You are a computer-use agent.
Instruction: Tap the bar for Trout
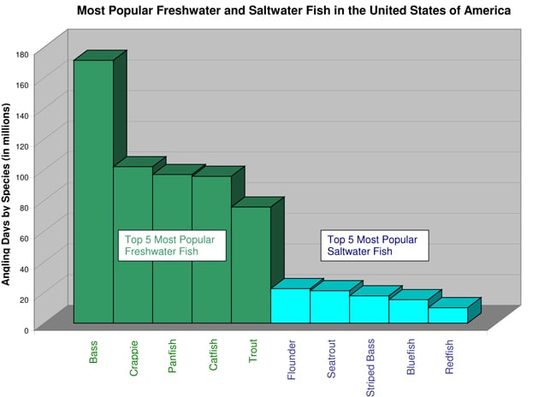251,264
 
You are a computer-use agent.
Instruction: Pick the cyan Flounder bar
290,305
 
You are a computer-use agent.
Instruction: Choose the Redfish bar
447,315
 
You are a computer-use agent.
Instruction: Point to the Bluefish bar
408,311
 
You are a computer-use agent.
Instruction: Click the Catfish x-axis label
213,355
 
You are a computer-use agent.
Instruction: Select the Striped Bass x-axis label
370,367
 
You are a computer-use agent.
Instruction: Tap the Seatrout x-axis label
331,358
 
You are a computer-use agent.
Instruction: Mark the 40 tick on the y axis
24,268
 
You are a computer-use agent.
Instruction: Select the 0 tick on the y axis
27,329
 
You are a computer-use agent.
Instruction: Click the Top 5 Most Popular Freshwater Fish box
171,246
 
